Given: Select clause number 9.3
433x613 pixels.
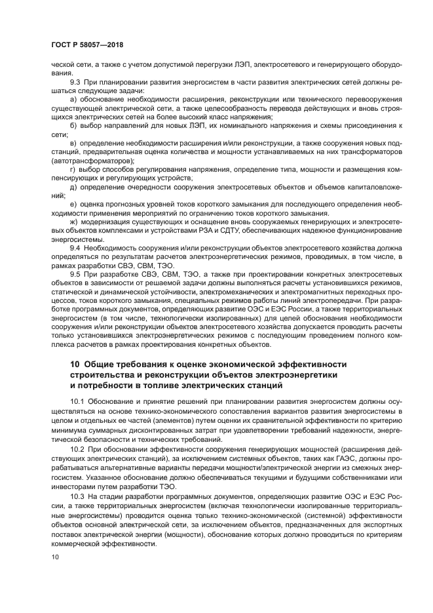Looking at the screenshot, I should click(x=76, y=82).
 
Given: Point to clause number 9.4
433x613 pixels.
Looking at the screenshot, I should click(x=76, y=248).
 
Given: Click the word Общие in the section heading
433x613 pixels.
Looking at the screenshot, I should click(x=104, y=364).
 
